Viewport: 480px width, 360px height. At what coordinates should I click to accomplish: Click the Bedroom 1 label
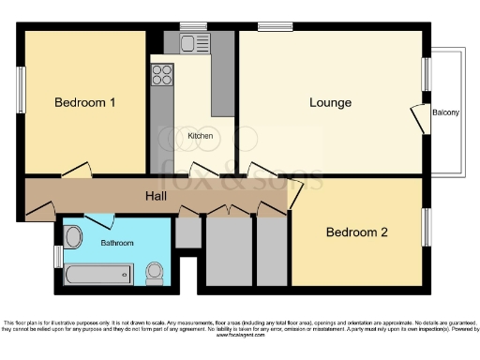(84, 102)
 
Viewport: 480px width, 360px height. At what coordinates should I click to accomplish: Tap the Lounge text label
(331, 102)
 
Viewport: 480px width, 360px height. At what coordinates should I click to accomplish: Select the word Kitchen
(201, 136)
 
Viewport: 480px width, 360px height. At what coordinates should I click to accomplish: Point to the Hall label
(157, 196)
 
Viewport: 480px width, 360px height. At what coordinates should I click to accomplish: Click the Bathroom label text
(117, 243)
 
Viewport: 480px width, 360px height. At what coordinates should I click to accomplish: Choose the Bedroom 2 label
(356, 232)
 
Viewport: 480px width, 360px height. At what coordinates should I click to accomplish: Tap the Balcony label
(445, 113)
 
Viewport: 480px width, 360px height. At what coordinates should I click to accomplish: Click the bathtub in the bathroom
(96, 275)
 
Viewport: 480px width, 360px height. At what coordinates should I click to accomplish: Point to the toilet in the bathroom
(156, 273)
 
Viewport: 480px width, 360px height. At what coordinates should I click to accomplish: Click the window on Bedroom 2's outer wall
(427, 228)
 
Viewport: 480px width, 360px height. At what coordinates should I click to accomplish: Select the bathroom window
(57, 255)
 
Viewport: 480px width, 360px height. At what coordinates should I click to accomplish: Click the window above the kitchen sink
(193, 25)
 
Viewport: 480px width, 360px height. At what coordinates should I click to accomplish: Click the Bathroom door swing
(100, 220)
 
